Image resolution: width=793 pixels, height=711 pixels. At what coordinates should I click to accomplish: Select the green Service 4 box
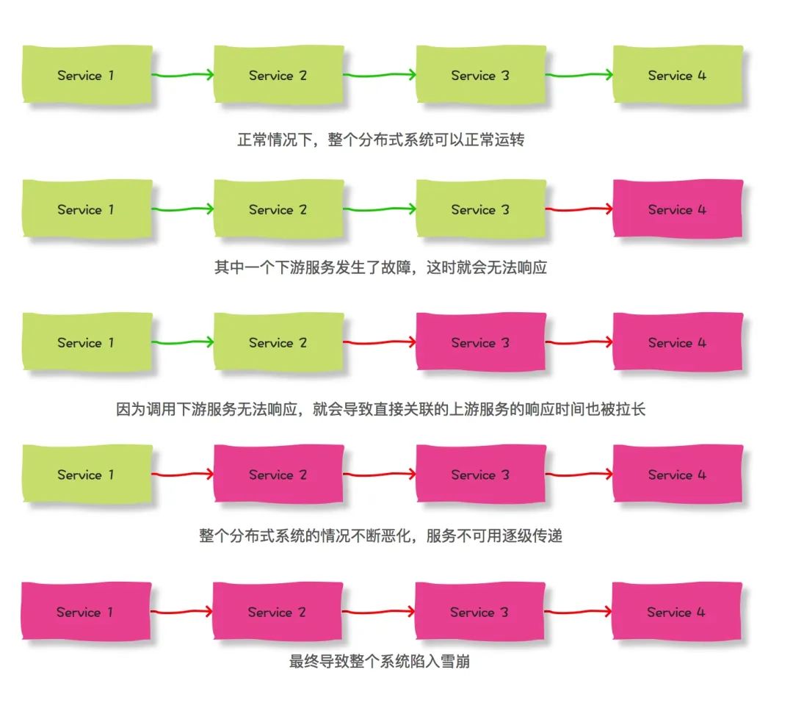[x=677, y=75]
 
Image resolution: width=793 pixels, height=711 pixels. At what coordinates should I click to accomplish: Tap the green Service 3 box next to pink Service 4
[x=480, y=209]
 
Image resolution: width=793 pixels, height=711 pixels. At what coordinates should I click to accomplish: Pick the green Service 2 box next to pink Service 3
[x=278, y=342]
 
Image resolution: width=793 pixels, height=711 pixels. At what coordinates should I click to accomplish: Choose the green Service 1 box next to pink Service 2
[x=87, y=474]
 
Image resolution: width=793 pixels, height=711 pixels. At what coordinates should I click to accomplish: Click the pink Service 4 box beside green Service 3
[x=677, y=209]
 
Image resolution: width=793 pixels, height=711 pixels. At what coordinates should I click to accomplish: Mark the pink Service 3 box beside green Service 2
[x=480, y=342]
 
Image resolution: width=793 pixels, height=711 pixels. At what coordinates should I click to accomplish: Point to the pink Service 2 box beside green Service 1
[x=278, y=474]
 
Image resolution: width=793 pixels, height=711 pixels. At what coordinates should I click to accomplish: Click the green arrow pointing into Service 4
[x=579, y=75]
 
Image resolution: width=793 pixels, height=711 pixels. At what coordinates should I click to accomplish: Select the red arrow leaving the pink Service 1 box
[x=181, y=612]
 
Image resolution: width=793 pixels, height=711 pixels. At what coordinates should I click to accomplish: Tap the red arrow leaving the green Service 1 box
[x=182, y=474]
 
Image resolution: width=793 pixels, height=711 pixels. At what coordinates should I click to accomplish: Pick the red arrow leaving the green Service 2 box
[x=380, y=342]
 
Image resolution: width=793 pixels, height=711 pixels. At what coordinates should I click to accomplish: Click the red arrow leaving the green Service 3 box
[x=579, y=209]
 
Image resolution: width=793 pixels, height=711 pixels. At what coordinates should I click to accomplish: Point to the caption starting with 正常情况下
[x=380, y=140]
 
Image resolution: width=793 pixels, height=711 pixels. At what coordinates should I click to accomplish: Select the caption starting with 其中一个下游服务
[x=380, y=267]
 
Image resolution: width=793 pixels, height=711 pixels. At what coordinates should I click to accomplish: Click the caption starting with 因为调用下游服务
[x=380, y=409]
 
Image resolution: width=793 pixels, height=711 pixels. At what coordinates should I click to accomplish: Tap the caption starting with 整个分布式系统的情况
[x=380, y=536]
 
